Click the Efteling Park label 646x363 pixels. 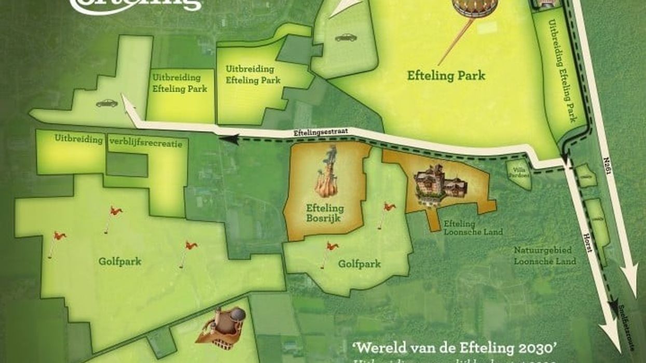pyautogui.click(x=446, y=76)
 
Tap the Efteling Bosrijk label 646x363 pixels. pyautogui.click(x=325, y=213)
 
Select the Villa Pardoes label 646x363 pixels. pyautogui.click(x=519, y=171)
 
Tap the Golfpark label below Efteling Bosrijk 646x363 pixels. pyautogui.click(x=359, y=264)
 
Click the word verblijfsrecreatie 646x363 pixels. pyautogui.click(x=146, y=144)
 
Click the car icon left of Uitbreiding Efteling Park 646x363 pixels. pyautogui.click(x=107, y=103)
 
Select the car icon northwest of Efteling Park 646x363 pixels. pyautogui.click(x=346, y=37)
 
